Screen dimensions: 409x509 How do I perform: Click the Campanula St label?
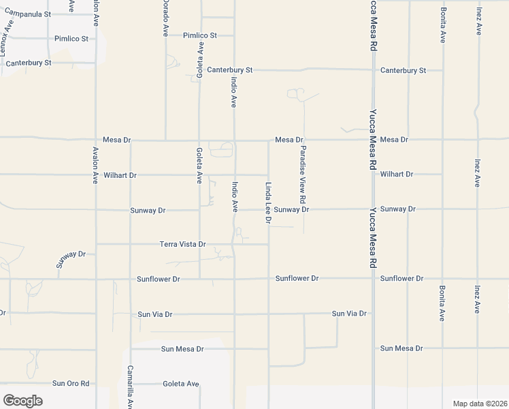tap(28, 14)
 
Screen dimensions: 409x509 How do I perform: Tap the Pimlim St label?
tap(71, 39)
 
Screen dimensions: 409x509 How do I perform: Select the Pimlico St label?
tap(199, 35)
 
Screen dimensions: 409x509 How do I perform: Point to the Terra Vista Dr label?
tap(182, 243)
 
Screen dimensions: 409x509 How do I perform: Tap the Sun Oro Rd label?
tap(71, 383)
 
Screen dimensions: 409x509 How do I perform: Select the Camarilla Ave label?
tap(129, 387)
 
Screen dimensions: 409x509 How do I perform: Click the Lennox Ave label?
tap(7, 37)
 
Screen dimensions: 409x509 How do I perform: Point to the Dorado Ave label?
tap(165, 18)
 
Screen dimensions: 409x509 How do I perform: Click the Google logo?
tap(22, 400)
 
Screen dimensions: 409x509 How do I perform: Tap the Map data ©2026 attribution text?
tap(480, 404)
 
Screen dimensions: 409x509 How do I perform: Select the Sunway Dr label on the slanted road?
tap(71, 260)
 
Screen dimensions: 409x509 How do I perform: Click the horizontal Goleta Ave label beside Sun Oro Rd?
tap(181, 384)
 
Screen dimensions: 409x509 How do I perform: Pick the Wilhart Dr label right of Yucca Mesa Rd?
tap(397, 175)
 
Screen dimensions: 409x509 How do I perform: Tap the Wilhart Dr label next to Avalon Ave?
tap(120, 175)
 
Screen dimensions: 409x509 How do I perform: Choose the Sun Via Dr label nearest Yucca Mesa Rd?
tap(349, 314)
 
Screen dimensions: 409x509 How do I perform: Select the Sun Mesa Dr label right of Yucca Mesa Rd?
tap(401, 348)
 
